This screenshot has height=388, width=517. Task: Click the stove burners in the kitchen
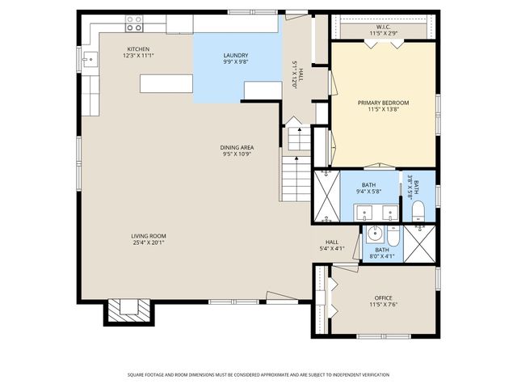(x=134, y=23)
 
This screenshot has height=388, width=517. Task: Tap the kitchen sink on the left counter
(x=90, y=58)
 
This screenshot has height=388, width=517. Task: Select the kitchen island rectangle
(x=166, y=83)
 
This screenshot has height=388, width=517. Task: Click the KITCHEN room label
(x=138, y=48)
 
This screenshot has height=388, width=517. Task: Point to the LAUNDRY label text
(x=236, y=55)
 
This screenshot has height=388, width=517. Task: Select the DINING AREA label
(x=237, y=147)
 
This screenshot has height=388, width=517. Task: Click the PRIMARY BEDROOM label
(x=384, y=103)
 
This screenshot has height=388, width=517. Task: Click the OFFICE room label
(x=383, y=297)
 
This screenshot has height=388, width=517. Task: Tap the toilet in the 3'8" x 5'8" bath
(x=418, y=213)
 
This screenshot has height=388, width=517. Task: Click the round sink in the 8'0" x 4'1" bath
(x=374, y=235)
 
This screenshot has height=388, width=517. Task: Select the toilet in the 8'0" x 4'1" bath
(x=392, y=236)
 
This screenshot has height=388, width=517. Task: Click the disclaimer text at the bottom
(x=258, y=374)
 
